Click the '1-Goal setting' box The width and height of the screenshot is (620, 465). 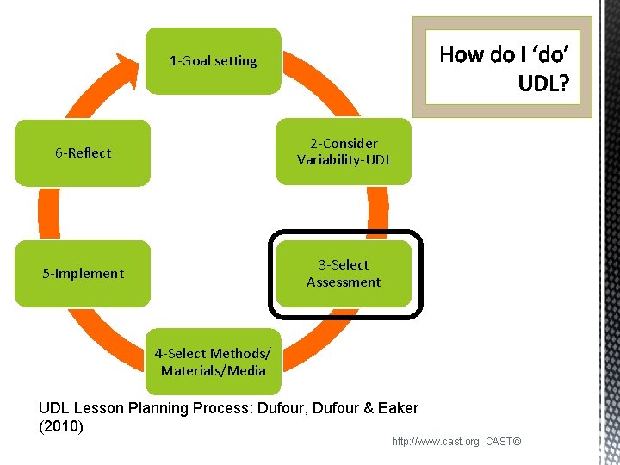213,61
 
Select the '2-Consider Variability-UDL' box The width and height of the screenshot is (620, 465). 344,152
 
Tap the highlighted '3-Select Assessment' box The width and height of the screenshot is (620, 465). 344,274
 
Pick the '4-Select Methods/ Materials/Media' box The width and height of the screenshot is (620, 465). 213,362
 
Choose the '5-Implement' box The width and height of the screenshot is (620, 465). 84,274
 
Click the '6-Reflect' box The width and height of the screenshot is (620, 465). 84,153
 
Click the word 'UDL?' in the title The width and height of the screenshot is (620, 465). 542,84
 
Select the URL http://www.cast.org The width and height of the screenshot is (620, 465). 436,442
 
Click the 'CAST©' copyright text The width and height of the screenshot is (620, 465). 504,442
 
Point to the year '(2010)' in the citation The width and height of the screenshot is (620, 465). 61,426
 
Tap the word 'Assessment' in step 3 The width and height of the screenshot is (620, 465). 344,282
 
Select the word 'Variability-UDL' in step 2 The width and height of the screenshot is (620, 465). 344,160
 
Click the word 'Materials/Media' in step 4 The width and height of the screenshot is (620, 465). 213,371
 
